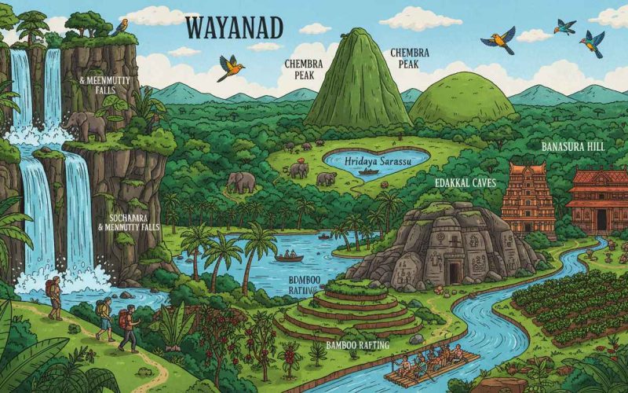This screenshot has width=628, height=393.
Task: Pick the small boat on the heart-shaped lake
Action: click(369, 171)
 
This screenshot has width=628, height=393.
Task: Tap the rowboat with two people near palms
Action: click(289, 256)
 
